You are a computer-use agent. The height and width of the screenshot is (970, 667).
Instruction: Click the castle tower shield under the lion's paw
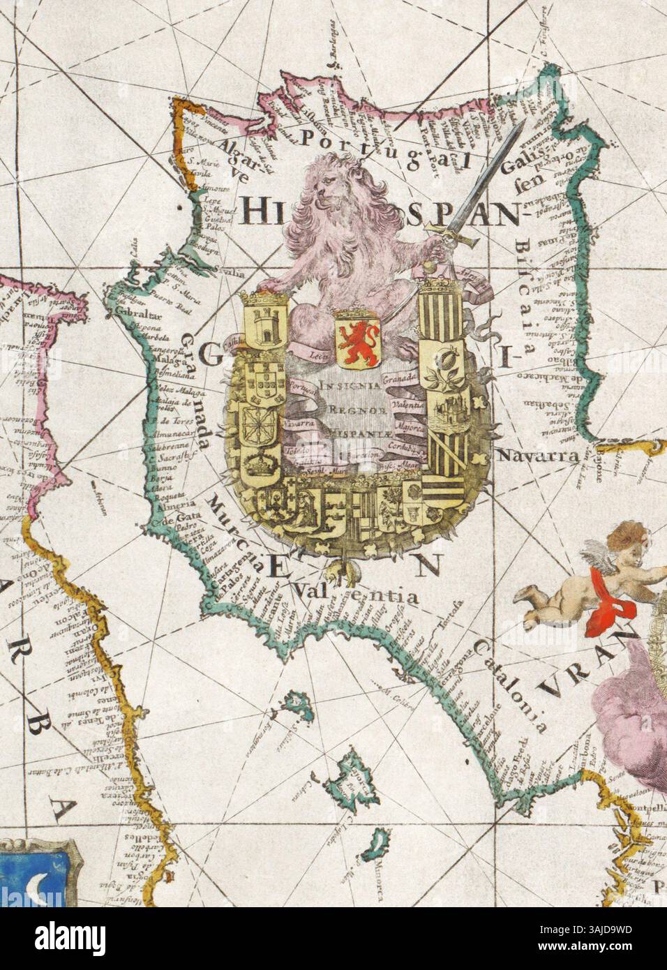(x=264, y=322)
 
